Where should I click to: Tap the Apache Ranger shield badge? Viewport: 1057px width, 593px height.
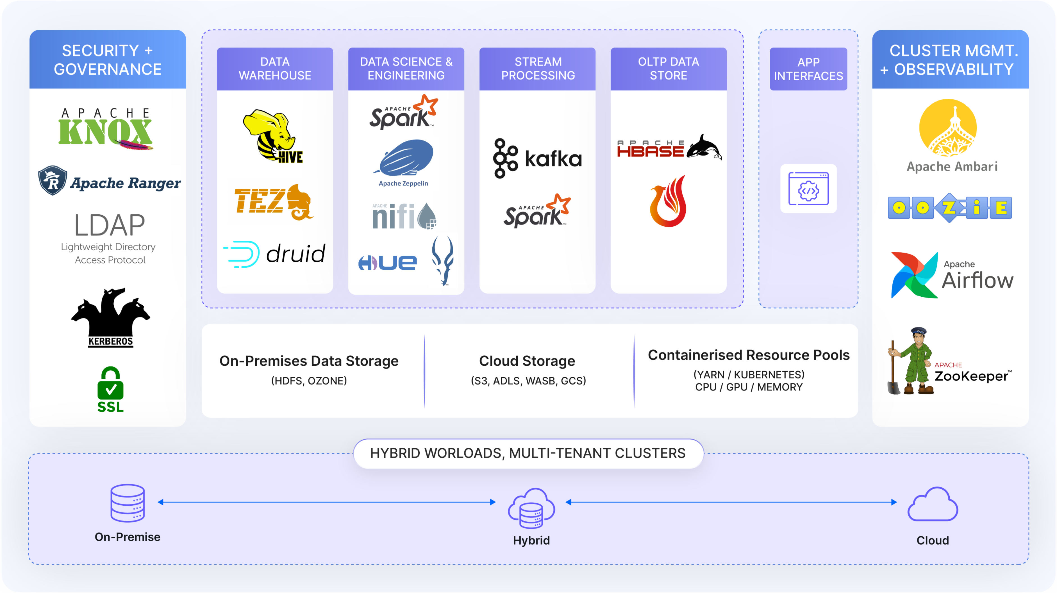(x=53, y=181)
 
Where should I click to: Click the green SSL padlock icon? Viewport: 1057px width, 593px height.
(x=110, y=384)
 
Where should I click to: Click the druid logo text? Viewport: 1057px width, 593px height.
(x=295, y=254)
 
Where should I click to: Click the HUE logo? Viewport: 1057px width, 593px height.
(x=387, y=263)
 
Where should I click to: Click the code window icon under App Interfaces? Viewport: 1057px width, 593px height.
(x=808, y=189)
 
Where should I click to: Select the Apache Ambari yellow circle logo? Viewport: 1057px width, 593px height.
(x=948, y=128)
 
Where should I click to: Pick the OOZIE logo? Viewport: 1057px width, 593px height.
(x=949, y=208)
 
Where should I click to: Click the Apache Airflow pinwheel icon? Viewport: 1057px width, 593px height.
(x=914, y=275)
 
